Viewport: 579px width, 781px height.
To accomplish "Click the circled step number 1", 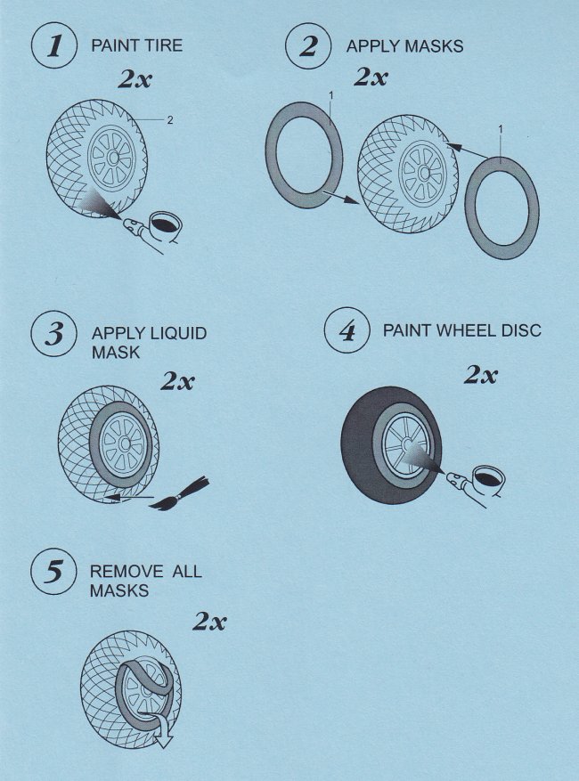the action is pos(54,45).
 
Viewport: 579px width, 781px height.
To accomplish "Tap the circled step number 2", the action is pos(308,45).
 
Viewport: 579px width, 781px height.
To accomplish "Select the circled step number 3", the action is pos(53,333).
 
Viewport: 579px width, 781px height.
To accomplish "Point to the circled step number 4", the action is pos(347,330).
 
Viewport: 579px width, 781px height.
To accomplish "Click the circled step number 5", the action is pos(53,571).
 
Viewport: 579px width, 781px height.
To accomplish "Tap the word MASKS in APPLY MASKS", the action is pos(434,46).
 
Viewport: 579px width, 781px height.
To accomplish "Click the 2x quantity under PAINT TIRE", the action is pos(135,78).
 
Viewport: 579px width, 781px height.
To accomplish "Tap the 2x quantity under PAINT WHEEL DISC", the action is pos(481,375).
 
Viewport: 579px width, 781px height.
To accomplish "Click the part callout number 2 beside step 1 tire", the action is pos(170,120).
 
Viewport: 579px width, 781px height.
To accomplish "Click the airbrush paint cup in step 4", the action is pos(488,477).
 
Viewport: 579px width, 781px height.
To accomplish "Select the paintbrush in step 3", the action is pos(179,494).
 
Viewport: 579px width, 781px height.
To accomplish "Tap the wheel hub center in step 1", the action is pos(113,158).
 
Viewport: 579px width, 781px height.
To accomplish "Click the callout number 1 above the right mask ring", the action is pos(501,129).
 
